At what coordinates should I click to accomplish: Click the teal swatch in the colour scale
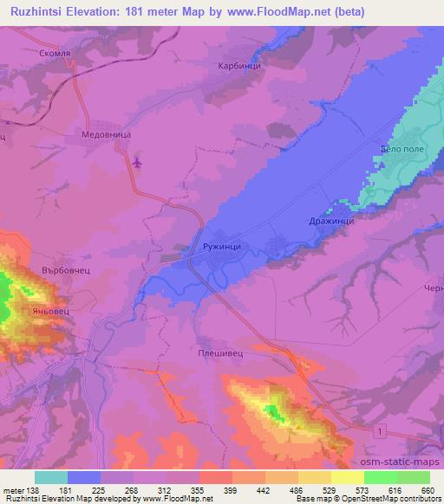[51, 477]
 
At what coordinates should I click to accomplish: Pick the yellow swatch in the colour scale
[347, 477]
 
